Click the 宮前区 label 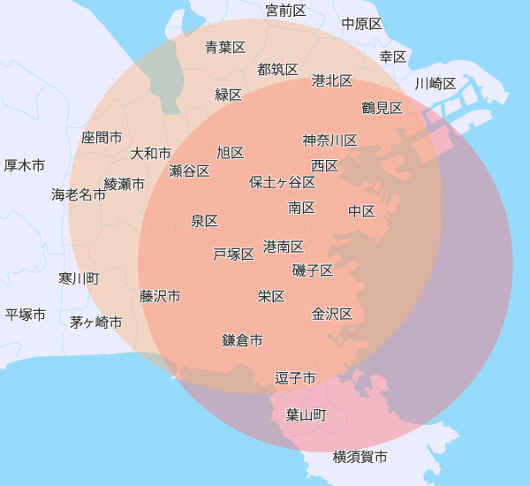[285, 11]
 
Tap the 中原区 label [361, 24]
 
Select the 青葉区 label [225, 47]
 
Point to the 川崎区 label [435, 84]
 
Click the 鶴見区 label [382, 108]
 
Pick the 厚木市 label [25, 165]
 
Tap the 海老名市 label [79, 194]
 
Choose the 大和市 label [151, 153]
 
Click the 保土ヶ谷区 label [282, 182]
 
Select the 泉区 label [204, 221]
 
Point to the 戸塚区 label [233, 254]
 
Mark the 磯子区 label [313, 270]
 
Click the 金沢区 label [332, 314]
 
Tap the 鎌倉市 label [242, 339]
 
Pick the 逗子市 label [295, 378]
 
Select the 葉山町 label [307, 414]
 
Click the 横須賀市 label [360, 457]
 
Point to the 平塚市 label [26, 315]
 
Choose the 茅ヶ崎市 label [96, 322]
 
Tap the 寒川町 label [79, 278]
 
